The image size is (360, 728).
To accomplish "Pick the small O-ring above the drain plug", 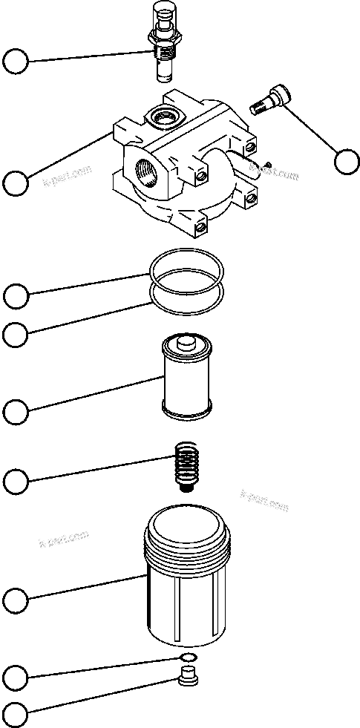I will (x=189, y=658).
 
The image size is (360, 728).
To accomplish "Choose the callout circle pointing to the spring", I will (x=16, y=482).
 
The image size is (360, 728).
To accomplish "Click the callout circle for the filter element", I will (x=16, y=410).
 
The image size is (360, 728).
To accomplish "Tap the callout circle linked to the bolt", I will (x=346, y=161).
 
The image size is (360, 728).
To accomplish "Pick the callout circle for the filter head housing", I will (x=16, y=182).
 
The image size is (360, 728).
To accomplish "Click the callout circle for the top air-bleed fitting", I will (x=16, y=62).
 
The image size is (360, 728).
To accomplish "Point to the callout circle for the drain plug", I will (x=16, y=715).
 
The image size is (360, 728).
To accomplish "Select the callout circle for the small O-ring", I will (x=16, y=676).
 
